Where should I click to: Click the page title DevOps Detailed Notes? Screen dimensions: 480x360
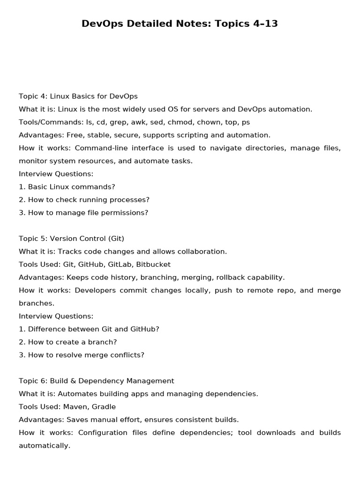(180, 23)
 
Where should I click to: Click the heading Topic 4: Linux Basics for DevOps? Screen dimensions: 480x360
(78, 96)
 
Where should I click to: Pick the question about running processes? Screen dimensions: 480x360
(89, 200)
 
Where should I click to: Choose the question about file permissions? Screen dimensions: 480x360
(88, 213)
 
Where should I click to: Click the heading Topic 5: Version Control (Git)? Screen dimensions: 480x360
(71, 239)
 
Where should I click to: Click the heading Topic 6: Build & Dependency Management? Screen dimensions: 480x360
(96, 381)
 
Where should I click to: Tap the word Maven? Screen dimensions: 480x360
(77, 407)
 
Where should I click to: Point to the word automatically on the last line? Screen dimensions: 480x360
(45, 446)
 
